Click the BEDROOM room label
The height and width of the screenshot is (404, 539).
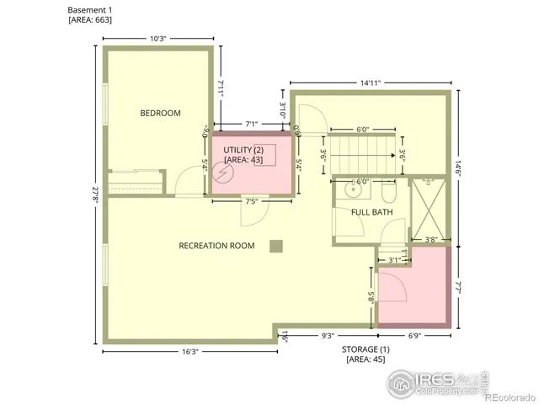tap(160, 113)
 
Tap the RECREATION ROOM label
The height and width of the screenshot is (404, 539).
tap(216, 246)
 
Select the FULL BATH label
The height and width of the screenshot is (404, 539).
tap(371, 212)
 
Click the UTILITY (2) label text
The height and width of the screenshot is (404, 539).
tap(243, 149)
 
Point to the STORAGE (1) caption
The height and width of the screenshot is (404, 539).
tap(366, 348)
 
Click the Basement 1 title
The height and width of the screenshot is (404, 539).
tap(89, 8)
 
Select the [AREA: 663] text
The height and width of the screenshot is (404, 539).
tap(90, 19)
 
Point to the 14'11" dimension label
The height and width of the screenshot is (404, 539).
tap(371, 82)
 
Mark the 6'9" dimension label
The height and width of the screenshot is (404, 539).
tap(414, 336)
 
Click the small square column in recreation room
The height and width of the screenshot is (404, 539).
tap(275, 246)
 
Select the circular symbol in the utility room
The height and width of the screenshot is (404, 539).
tap(223, 172)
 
